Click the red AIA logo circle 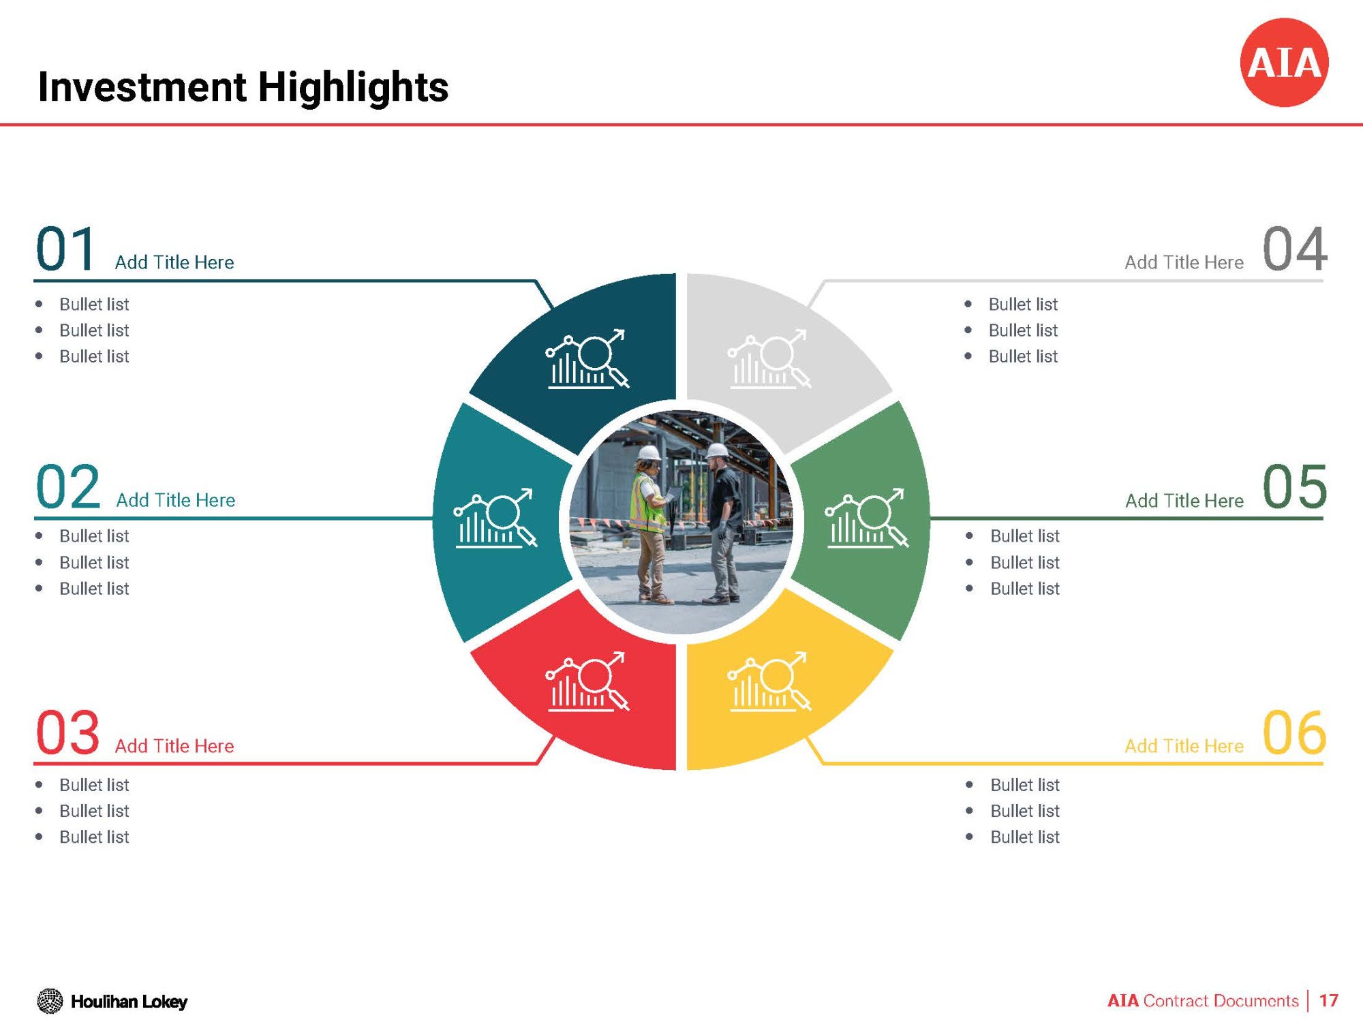pos(1284,63)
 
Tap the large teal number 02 pos(67,486)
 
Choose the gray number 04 pos(1295,249)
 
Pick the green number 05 pos(1295,486)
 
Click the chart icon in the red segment pos(587,682)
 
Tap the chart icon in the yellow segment pos(769,682)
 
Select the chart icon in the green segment pos(867,518)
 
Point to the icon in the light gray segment pos(769,359)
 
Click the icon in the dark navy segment pos(587,359)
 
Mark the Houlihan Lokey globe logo pos(50,1001)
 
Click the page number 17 pos(1328,1000)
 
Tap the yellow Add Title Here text pos(1184,746)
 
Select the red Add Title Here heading pos(174,746)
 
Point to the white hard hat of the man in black pos(717,450)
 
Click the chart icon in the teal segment pos(495,518)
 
